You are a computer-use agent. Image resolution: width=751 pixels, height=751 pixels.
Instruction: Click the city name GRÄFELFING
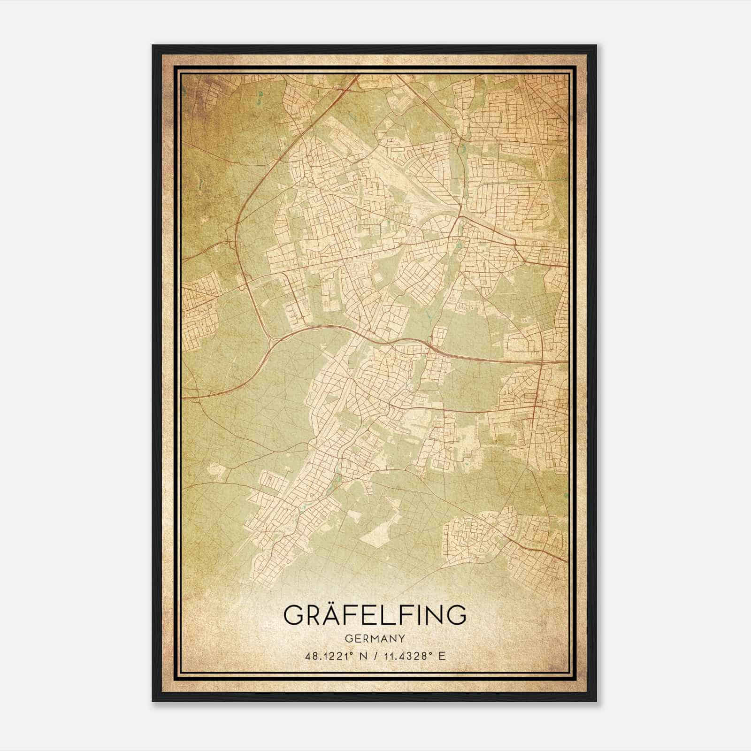click(375, 615)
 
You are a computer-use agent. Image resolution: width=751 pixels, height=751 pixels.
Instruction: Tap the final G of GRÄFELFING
click(456, 616)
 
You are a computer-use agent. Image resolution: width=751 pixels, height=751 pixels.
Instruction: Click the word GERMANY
click(375, 638)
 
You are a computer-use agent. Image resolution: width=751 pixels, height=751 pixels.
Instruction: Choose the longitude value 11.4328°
click(407, 656)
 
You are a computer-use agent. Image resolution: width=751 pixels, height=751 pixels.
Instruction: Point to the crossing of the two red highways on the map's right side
click(541, 361)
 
